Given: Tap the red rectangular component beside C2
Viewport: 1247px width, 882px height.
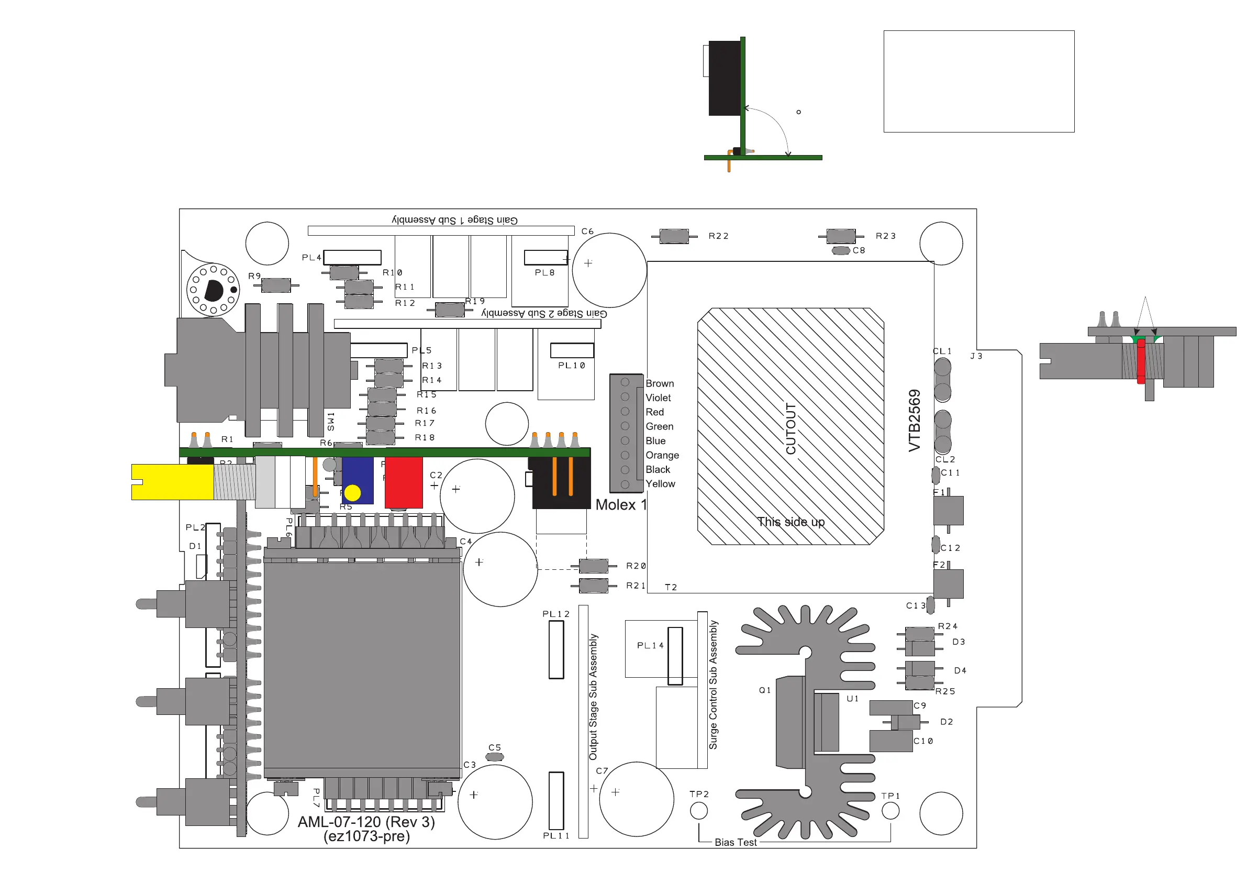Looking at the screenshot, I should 404,482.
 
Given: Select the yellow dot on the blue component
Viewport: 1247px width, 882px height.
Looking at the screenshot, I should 352,492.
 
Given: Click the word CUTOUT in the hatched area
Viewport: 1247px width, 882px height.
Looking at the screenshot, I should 791,429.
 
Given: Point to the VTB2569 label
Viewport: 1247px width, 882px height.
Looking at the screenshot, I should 915,420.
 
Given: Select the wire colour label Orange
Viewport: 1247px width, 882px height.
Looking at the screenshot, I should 662,455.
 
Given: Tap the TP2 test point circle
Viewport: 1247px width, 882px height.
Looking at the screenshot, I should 698,811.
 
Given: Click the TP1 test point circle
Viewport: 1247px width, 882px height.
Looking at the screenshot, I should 890,811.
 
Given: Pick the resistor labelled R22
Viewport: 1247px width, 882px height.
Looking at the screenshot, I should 674,236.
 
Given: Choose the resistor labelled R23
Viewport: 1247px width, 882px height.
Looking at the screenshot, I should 841,236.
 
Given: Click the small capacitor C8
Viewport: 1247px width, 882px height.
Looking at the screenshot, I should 841,250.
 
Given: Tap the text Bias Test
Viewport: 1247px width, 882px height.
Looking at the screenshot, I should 736,842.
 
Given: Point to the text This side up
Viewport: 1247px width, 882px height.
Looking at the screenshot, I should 791,522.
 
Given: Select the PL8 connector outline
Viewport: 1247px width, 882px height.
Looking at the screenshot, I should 545,258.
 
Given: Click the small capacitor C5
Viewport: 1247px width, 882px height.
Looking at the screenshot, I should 494,757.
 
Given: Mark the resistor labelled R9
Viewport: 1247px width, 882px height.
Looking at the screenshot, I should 276,285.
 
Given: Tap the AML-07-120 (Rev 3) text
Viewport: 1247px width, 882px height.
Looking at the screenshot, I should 366,822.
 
